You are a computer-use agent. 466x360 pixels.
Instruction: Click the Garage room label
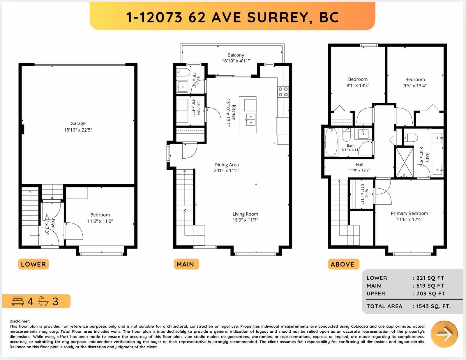pyautogui.click(x=78, y=123)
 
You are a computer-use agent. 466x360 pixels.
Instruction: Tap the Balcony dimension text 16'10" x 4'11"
pyautogui.click(x=236, y=61)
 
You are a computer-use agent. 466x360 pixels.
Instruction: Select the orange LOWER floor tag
pyautogui.click(x=33, y=264)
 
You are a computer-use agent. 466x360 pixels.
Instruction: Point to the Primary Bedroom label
pyautogui.click(x=409, y=213)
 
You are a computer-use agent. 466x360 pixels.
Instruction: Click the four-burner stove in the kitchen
pyautogui.click(x=283, y=91)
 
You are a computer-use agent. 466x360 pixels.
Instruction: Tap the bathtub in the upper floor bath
pyautogui.click(x=331, y=142)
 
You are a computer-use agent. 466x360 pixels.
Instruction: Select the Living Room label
pyautogui.click(x=245, y=214)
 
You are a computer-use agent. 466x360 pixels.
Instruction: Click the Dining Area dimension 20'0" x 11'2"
pyautogui.click(x=227, y=171)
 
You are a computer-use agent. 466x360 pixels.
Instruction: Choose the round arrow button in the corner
pyautogui.click(x=444, y=334)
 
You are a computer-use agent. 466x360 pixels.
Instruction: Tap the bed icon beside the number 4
pyautogui.click(x=17, y=301)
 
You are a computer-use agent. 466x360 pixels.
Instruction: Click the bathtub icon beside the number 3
pyautogui.click(x=43, y=301)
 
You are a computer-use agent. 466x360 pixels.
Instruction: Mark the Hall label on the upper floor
pyautogui.click(x=359, y=164)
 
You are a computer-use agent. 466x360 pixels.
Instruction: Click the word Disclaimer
pyautogui.click(x=20, y=321)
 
